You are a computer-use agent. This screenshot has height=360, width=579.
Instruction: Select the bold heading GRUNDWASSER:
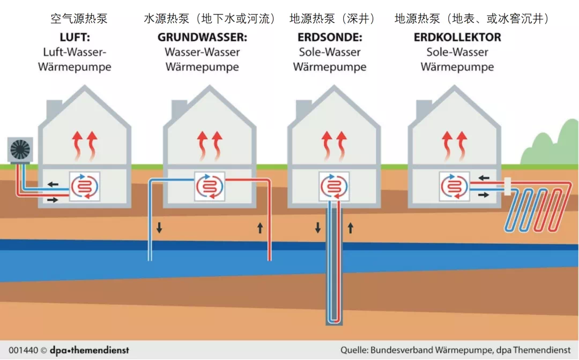[x=202, y=38]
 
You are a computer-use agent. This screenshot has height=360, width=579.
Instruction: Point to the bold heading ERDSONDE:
[x=330, y=38]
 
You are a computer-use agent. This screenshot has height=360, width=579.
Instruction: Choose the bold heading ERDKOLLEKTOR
[x=457, y=38]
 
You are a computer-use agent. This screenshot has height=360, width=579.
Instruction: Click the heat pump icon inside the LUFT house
[x=85, y=186]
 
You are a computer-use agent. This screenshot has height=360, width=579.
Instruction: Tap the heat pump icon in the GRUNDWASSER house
[x=209, y=186]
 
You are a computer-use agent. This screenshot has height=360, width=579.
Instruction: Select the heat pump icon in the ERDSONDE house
[x=334, y=186]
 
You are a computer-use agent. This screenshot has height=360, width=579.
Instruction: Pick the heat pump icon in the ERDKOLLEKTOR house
[x=454, y=186]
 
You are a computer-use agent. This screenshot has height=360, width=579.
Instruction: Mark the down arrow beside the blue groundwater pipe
[x=159, y=228]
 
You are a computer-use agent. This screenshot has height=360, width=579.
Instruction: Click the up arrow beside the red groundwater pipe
[x=260, y=228]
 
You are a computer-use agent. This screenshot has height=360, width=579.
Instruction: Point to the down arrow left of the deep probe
[x=318, y=228]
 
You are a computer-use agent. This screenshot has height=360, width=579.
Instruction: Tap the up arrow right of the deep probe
[x=351, y=228]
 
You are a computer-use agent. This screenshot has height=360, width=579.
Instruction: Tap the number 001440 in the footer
[x=23, y=350]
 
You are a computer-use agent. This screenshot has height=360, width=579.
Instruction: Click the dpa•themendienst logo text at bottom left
[x=89, y=350]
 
